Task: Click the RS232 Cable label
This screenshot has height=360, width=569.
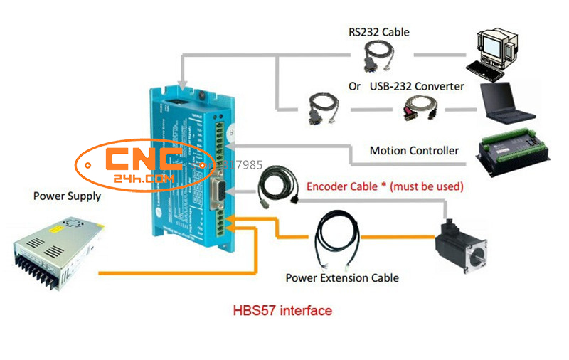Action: coord(378,32)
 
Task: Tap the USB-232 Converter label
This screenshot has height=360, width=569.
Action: coord(417,86)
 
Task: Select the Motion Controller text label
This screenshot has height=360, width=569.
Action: coord(414,151)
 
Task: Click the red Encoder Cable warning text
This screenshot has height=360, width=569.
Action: coord(385,186)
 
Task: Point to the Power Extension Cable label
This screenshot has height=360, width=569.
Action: coord(342,277)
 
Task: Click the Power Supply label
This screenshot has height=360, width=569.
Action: coord(67,196)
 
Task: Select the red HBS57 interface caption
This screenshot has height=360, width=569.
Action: coord(282,311)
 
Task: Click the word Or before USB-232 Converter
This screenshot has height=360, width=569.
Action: coord(354,87)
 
